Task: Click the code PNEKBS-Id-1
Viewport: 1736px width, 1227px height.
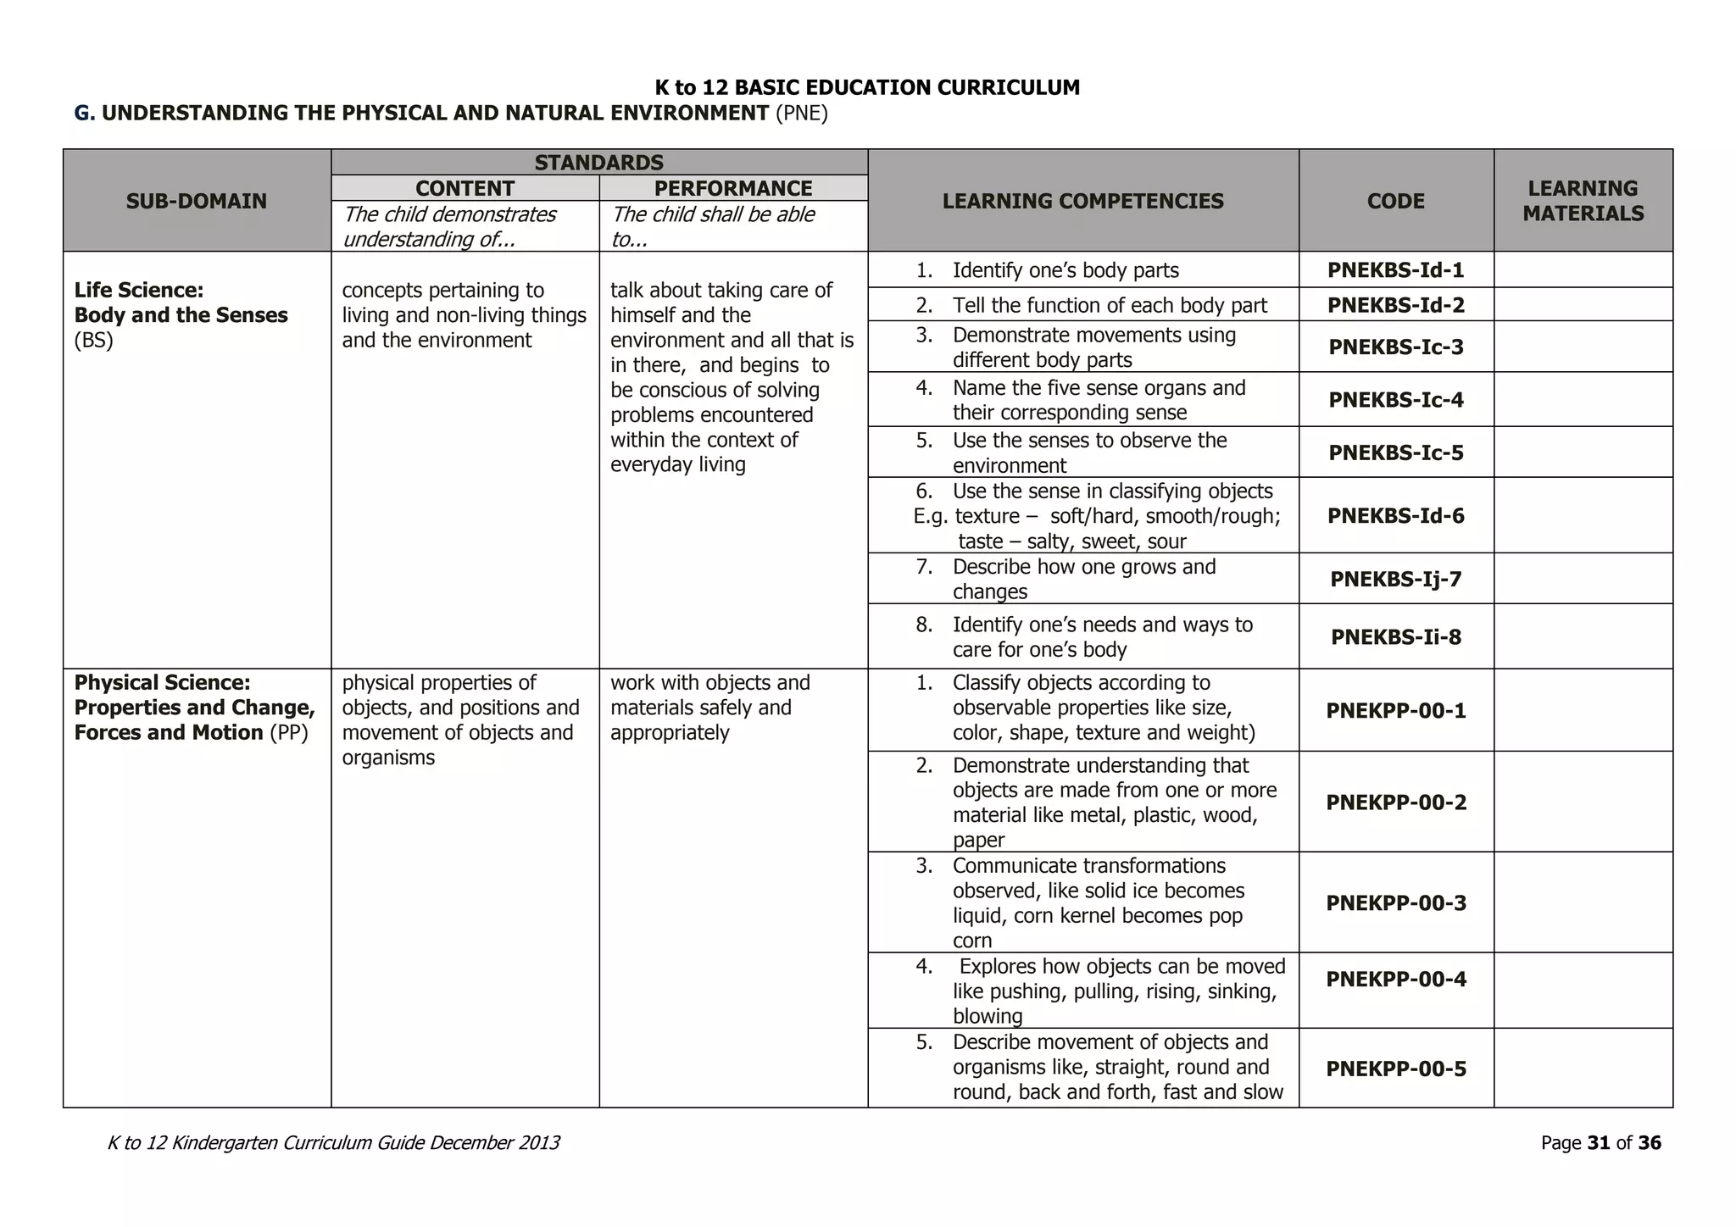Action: coord(1395,270)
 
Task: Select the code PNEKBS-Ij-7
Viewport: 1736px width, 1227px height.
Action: coord(1395,580)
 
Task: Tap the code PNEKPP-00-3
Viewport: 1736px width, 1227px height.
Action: coord(1395,902)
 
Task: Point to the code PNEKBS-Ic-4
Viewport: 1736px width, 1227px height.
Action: coord(1395,400)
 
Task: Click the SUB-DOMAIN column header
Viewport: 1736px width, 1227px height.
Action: coord(197,201)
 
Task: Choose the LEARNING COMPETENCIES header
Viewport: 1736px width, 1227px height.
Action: coord(1082,201)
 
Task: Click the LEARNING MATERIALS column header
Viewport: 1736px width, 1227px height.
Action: coord(1583,201)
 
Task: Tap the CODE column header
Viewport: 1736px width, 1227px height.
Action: coord(1395,201)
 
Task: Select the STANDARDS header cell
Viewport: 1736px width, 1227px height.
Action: coord(598,163)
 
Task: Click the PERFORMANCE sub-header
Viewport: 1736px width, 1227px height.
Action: coord(733,188)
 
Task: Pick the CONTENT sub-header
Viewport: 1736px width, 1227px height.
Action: coord(465,188)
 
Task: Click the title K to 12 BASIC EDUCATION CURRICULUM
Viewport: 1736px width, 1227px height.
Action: coord(867,87)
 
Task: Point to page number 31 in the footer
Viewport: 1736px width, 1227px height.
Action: coord(1598,1143)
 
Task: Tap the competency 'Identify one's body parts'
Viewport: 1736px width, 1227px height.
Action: coord(1065,270)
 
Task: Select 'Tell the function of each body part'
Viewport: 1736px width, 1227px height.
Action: coord(1110,305)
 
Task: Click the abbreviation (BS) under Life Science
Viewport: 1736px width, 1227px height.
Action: coord(93,341)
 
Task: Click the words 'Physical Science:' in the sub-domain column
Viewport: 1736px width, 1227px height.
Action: coord(162,683)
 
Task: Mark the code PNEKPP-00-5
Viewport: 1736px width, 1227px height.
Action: coord(1395,1069)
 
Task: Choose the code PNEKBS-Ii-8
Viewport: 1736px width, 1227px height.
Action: coord(1395,637)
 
